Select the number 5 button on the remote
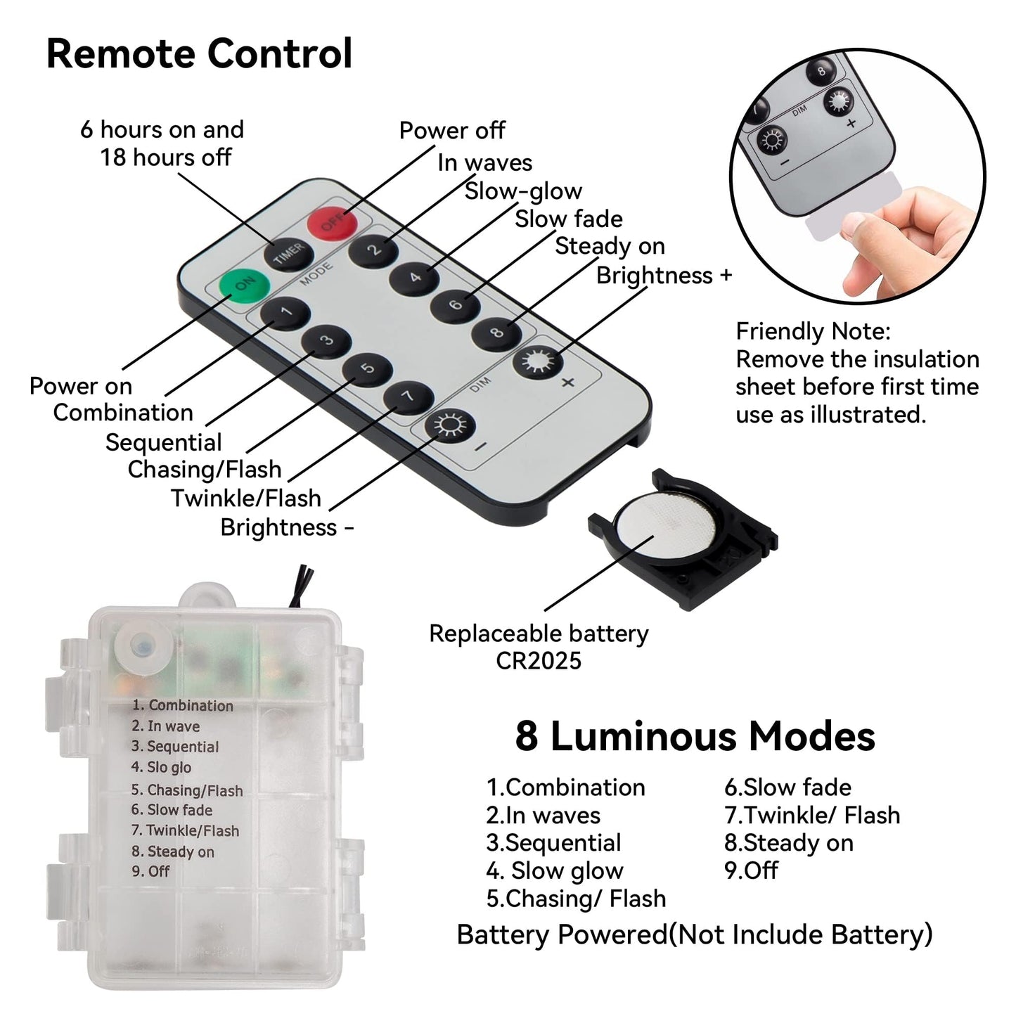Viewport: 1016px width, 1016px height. pyautogui.click(x=368, y=368)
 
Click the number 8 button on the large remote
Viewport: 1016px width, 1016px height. pyautogui.click(x=496, y=333)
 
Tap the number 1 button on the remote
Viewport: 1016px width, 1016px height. pyautogui.click(x=285, y=313)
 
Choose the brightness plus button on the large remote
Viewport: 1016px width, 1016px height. pyautogui.click(x=538, y=363)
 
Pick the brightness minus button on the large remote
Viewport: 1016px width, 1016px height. pyautogui.click(x=450, y=425)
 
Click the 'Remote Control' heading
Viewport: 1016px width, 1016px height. pyautogui.click(x=199, y=53)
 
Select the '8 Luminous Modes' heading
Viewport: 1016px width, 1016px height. pyautogui.click(x=695, y=736)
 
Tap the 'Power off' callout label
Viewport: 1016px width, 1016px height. pyautogui.click(x=452, y=130)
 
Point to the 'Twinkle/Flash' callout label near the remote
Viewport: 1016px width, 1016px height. pyautogui.click(x=246, y=498)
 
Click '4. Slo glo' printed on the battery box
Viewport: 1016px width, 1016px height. pyautogui.click(x=161, y=767)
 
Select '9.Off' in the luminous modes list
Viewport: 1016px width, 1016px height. pyautogui.click(x=751, y=870)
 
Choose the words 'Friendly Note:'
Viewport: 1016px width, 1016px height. pyautogui.click(x=813, y=331)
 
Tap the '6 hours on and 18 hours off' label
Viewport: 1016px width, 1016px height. pyautogui.click(x=162, y=143)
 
